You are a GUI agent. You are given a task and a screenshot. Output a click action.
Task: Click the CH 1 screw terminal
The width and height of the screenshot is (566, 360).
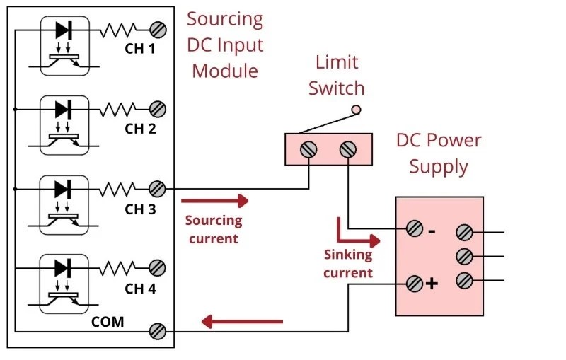point(158,30)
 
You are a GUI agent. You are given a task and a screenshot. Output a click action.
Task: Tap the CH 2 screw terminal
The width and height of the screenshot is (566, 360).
point(158,109)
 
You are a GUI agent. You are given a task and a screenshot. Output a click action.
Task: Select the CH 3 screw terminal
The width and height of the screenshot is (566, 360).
point(158,189)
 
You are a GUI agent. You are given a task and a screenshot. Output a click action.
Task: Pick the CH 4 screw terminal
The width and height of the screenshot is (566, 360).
point(158,268)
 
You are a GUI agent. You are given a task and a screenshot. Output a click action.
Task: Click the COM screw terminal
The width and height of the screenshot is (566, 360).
point(158,330)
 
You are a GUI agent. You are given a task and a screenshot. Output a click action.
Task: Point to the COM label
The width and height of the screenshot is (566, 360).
point(108,322)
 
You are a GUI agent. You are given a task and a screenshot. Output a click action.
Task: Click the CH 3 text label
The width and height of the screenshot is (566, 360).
point(140,209)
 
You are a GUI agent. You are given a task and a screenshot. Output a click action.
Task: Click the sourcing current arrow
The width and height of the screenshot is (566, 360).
point(215,201)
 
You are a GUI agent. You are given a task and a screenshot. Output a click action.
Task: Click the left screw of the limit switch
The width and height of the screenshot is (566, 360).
point(308,150)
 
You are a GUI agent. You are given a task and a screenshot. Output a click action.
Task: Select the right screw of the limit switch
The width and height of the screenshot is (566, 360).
point(347,150)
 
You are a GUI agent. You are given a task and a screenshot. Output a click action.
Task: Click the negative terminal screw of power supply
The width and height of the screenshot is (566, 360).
point(415,228)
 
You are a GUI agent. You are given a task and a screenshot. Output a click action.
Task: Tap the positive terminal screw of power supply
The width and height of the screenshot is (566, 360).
point(415,284)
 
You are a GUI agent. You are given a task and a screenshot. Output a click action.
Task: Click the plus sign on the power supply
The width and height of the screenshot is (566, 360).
point(432,284)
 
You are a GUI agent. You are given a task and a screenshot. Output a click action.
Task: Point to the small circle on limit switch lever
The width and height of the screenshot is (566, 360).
point(357,109)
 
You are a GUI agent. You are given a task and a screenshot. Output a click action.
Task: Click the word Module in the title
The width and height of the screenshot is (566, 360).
point(224,71)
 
